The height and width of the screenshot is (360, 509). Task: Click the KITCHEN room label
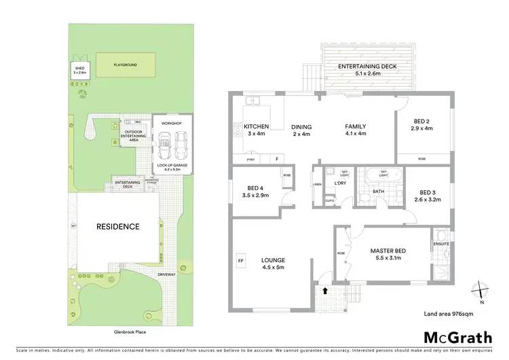click(257, 126)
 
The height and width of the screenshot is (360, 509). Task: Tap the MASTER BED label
click(387, 251)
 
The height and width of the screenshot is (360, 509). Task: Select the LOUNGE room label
click(273, 260)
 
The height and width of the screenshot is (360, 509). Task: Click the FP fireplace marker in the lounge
click(240, 260)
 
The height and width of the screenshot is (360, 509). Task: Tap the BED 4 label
click(254, 188)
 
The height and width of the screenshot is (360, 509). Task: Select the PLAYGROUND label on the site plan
click(124, 65)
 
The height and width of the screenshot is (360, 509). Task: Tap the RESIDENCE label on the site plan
click(117, 226)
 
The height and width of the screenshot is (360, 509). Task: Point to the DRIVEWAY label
click(167, 275)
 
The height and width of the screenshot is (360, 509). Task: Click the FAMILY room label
click(356, 126)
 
